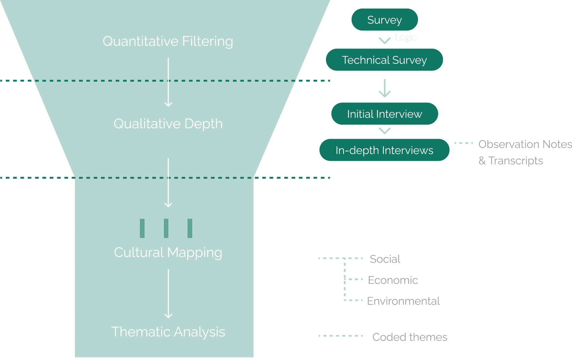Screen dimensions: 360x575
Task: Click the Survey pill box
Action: coord(384,20)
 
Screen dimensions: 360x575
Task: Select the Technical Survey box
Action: coord(384,60)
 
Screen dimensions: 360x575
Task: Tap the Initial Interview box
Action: coord(384,114)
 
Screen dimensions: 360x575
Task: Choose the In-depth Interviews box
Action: coord(384,150)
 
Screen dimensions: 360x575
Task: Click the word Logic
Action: coord(406,37)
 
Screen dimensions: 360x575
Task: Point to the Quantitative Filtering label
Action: coord(168,41)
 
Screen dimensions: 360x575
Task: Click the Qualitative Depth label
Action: coord(168,124)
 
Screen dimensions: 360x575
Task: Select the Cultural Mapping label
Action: coord(168,253)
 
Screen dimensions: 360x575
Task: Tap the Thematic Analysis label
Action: coord(168,332)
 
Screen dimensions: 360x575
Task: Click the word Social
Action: coord(385,259)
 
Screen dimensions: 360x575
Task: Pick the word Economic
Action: coord(393,280)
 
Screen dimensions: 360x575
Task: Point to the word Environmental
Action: coord(403,301)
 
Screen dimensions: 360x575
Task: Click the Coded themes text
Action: coord(409,337)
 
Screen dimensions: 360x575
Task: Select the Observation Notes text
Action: coord(525,144)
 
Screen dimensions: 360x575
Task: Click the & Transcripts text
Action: coord(511,161)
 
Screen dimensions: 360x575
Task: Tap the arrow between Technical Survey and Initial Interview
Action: coord(385,88)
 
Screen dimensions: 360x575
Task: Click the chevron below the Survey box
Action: coord(385,41)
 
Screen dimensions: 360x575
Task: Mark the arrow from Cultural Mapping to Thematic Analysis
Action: coord(168,294)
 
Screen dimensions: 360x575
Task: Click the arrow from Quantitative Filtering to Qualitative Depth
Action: coord(168,82)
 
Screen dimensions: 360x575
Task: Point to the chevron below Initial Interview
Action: coord(385,131)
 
